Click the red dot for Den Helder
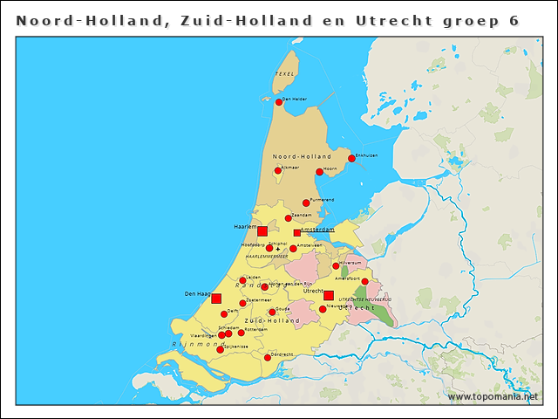tap(279, 102)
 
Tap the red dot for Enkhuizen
tap(351, 158)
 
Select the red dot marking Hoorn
tap(319, 172)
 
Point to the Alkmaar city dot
tap(278, 170)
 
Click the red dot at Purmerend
tap(306, 203)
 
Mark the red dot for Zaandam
tap(289, 218)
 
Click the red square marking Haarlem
tap(262, 230)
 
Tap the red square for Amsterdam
tap(296, 232)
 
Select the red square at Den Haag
tap(216, 299)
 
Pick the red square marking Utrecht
tap(328, 295)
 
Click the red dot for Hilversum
tap(336, 265)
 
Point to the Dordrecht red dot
tap(268, 357)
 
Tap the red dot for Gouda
tap(272, 312)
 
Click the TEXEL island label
tap(285, 74)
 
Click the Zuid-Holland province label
tap(272, 321)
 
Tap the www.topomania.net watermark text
tap(493, 396)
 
